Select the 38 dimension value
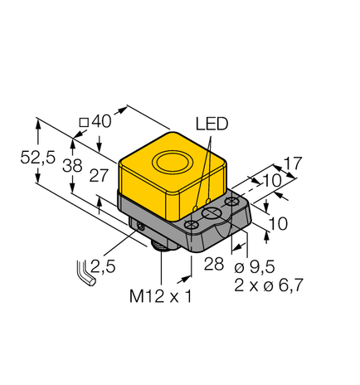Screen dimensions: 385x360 click(73, 165)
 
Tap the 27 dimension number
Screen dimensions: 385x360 click(100, 175)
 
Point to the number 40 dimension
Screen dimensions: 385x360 click(102, 121)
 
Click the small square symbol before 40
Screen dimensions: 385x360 click(83, 123)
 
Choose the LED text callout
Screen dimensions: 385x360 click(212, 124)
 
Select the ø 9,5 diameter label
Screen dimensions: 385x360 click(254, 267)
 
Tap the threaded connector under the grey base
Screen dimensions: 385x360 click(159, 244)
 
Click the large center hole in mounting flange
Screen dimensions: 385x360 click(214, 216)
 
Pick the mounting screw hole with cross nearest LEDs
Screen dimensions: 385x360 click(194, 224)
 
